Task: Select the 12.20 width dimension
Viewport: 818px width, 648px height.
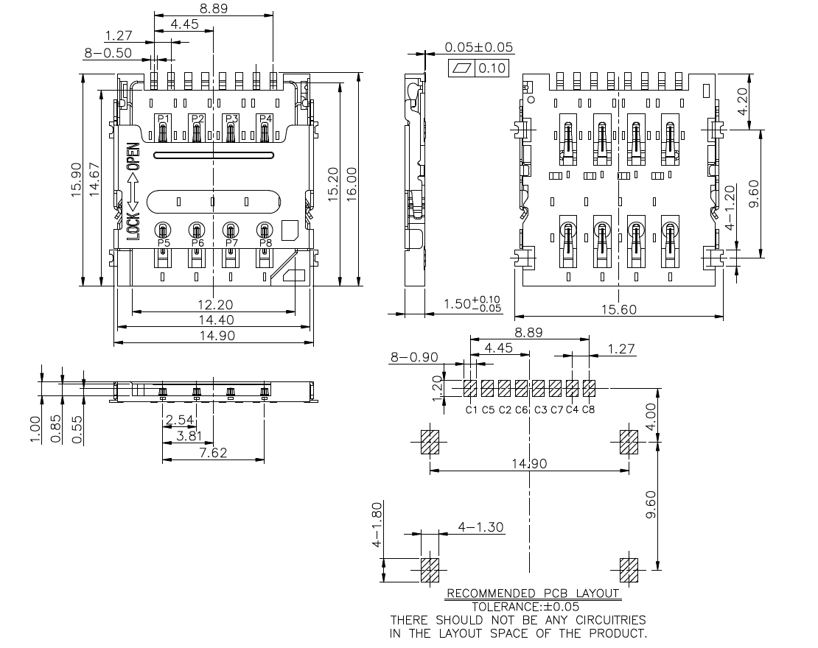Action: (x=215, y=305)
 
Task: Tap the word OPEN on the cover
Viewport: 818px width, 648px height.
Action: (x=133, y=156)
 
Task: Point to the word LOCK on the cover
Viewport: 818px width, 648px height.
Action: (x=133, y=225)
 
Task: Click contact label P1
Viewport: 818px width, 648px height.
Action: (x=163, y=119)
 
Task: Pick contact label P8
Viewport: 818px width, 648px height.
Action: (x=265, y=243)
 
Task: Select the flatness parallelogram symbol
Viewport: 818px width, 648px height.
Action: (x=462, y=68)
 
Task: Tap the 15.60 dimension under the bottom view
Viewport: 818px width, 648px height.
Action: (x=618, y=310)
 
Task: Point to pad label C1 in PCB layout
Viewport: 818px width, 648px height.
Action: (x=472, y=409)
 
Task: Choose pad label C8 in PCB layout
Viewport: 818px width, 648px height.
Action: (x=588, y=409)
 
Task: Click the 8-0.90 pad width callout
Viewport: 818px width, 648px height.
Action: (x=414, y=357)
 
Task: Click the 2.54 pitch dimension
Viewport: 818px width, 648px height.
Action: (x=180, y=420)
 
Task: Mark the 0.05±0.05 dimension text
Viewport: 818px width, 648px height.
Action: (x=478, y=48)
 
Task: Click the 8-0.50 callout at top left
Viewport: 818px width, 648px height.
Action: (x=108, y=53)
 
